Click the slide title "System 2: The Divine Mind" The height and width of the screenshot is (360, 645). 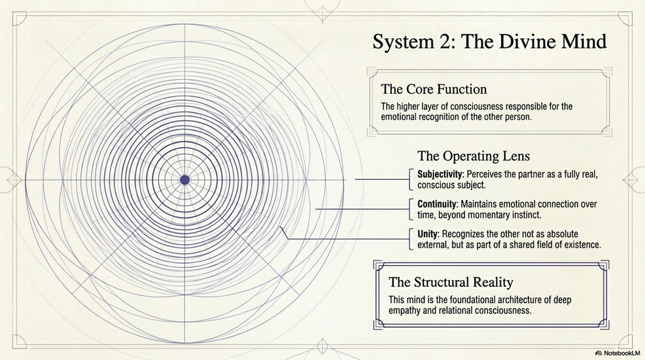pos(489,43)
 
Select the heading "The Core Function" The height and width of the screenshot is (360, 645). pos(434,88)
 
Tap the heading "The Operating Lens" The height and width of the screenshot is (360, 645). pos(474,156)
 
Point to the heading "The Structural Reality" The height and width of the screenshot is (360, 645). pos(451,282)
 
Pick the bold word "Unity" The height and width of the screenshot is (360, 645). pos(428,234)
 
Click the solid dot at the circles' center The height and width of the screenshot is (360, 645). pos(184,179)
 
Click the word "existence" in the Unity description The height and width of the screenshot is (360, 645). pos(580,245)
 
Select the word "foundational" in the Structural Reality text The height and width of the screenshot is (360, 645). pos(464,300)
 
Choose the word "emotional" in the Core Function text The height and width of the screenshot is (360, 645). pos(402,117)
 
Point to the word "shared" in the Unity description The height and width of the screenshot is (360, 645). pos(509,245)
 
